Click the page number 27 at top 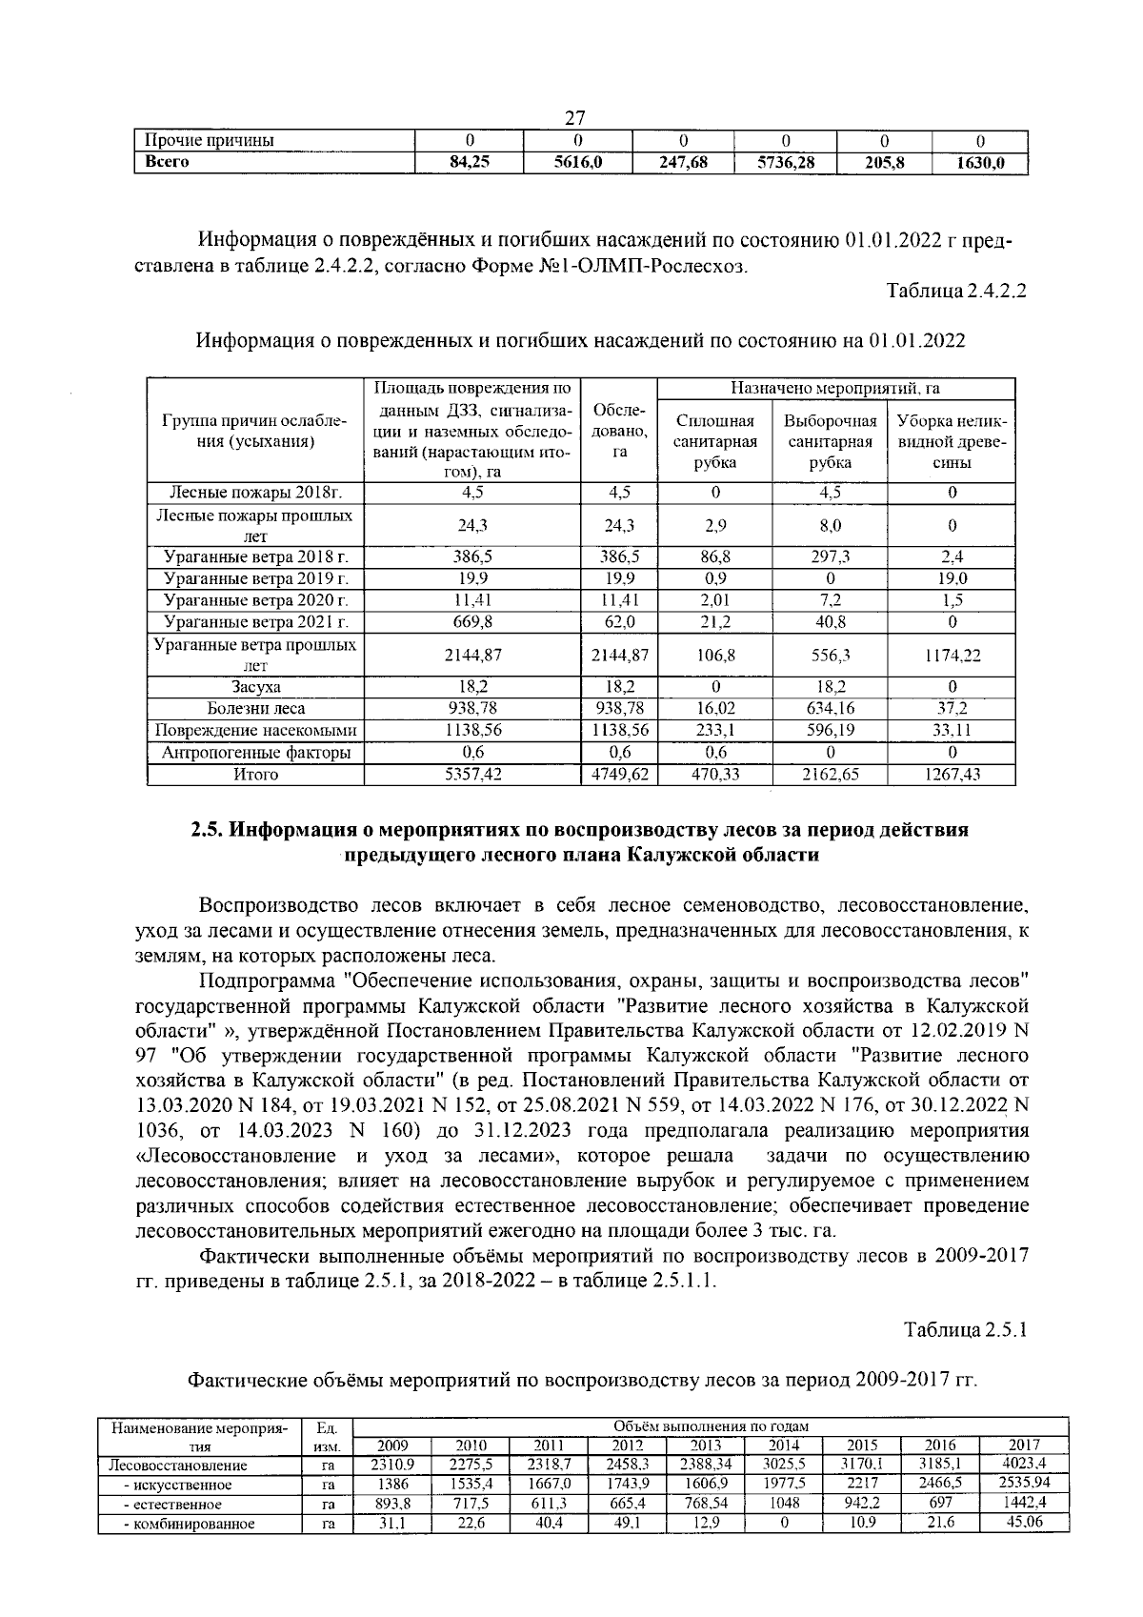coord(575,118)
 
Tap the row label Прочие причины coord(209,141)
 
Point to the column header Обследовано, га coord(619,431)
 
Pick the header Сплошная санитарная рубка coord(714,442)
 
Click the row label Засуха coord(256,686)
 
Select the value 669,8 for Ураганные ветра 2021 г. coord(472,622)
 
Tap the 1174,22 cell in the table coord(951,656)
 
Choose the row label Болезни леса coord(256,708)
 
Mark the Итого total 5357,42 coord(472,775)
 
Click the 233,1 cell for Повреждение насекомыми coord(714,730)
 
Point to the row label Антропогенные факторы coord(256,753)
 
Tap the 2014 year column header coord(784,1445)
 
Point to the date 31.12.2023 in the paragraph coord(522,1131)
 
